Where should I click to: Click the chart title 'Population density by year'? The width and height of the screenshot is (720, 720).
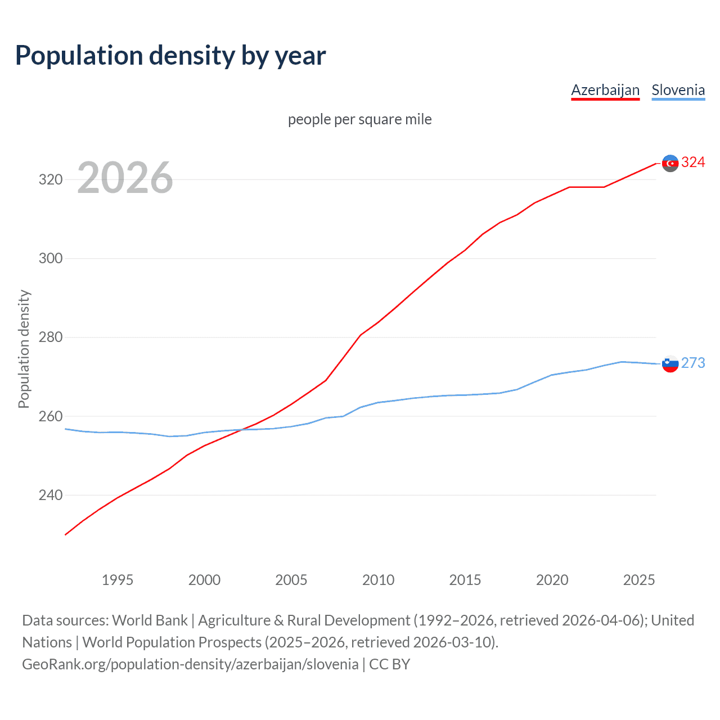tap(170, 56)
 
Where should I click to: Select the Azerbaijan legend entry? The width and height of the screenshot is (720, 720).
tap(605, 90)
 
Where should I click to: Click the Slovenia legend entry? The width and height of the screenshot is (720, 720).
tap(678, 90)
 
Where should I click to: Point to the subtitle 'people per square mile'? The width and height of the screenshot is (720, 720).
tap(360, 119)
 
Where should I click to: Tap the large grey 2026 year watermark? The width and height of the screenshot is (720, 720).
tap(125, 178)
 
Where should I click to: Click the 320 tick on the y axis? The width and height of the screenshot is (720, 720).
tap(50, 180)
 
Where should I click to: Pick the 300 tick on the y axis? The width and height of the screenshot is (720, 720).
tap(50, 259)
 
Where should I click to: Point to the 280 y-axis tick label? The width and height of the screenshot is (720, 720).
tap(50, 337)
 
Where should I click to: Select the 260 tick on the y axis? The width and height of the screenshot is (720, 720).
tap(50, 416)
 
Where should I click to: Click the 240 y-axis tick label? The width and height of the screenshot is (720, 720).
tap(50, 496)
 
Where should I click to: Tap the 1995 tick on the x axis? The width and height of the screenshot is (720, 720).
tap(118, 580)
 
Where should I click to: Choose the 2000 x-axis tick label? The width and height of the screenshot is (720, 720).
tap(204, 580)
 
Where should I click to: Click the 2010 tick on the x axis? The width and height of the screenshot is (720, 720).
tap(378, 580)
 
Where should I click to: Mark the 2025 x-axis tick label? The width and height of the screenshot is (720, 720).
tap(639, 580)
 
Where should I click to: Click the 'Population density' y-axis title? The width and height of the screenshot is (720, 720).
tap(24, 349)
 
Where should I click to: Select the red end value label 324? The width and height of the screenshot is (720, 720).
tap(693, 163)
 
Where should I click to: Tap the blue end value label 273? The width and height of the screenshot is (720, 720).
tap(693, 363)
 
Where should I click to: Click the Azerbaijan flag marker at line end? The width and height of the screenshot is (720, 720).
tap(670, 163)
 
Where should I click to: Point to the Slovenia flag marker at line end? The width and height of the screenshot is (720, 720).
tap(670, 364)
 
